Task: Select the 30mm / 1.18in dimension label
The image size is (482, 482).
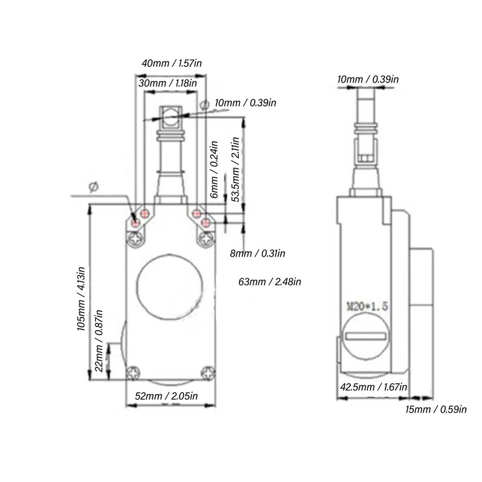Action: point(167,83)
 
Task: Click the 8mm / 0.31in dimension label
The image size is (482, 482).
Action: point(257,254)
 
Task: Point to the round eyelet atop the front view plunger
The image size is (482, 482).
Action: point(171,116)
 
